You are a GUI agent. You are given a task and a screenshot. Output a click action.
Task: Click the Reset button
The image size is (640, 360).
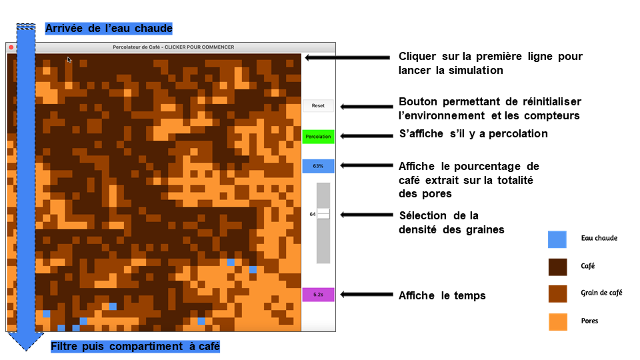coord(318,106)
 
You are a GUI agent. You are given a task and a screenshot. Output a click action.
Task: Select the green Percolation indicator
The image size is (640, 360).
coord(318,136)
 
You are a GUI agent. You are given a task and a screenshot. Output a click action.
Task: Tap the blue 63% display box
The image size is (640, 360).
coord(318,166)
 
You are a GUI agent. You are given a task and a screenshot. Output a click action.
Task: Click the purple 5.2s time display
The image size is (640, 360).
coord(318,294)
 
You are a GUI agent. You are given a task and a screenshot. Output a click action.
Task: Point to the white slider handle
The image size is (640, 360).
coord(323,214)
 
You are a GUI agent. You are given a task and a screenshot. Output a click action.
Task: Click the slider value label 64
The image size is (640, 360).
coord(312,214)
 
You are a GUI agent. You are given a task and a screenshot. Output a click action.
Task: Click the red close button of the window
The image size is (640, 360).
coord(11,47)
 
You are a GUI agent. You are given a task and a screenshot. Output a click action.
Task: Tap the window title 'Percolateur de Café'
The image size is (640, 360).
coord(136,47)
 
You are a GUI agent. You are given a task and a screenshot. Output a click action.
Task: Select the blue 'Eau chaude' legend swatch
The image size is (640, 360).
coord(557,239)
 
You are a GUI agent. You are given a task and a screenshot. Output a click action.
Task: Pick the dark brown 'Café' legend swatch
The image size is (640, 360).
coord(557,267)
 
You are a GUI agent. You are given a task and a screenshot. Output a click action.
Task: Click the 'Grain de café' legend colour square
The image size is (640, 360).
coord(557,294)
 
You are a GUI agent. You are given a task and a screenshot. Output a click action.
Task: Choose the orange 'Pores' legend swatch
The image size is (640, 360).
coord(557,321)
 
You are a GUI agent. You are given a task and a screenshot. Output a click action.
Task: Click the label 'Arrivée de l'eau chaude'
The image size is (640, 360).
coord(109,28)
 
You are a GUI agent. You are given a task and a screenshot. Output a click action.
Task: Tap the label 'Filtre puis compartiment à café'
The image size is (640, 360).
coord(135,346)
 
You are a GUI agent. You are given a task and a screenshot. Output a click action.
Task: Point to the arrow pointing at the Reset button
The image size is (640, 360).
coord(367,107)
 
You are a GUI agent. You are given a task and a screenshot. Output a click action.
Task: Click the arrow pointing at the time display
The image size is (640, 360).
coord(367,294)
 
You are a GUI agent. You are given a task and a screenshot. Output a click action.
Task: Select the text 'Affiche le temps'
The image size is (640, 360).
coord(442,295)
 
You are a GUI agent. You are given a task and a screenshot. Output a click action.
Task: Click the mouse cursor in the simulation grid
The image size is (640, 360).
coord(69,59)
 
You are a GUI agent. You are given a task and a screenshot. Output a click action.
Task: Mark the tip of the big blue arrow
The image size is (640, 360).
coord(26,351)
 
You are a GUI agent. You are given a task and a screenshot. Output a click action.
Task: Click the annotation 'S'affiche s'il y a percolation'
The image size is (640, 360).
coord(473,134)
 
